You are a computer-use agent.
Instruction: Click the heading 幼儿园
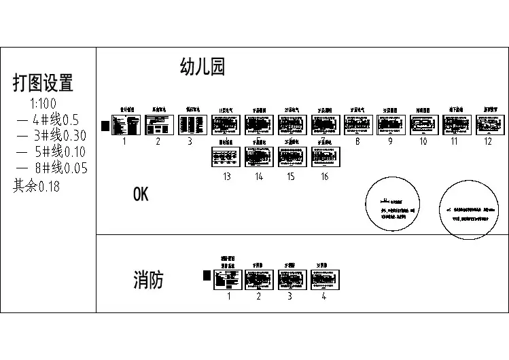pos(202,67)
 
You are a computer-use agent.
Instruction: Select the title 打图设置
pos(43,83)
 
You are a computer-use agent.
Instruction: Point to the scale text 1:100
pos(43,104)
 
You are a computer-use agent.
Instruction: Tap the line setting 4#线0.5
pos(48,120)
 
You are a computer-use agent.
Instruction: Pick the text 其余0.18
pos(36,185)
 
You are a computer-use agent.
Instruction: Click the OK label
pos(140,195)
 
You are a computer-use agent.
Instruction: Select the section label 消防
pos(148,280)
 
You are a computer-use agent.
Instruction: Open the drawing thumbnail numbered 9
pos(391,125)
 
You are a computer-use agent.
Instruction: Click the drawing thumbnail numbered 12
pos(489,125)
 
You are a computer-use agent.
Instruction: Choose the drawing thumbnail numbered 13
pos(226,156)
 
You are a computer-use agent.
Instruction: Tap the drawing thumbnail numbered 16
pos(325,156)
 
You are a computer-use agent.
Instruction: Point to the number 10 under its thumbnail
pos(423,141)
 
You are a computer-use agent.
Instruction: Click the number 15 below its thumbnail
pos(291,177)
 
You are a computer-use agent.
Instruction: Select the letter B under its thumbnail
pos(357,141)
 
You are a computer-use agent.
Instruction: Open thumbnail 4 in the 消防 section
pos(325,278)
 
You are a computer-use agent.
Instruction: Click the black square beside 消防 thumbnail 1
pos(207,275)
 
